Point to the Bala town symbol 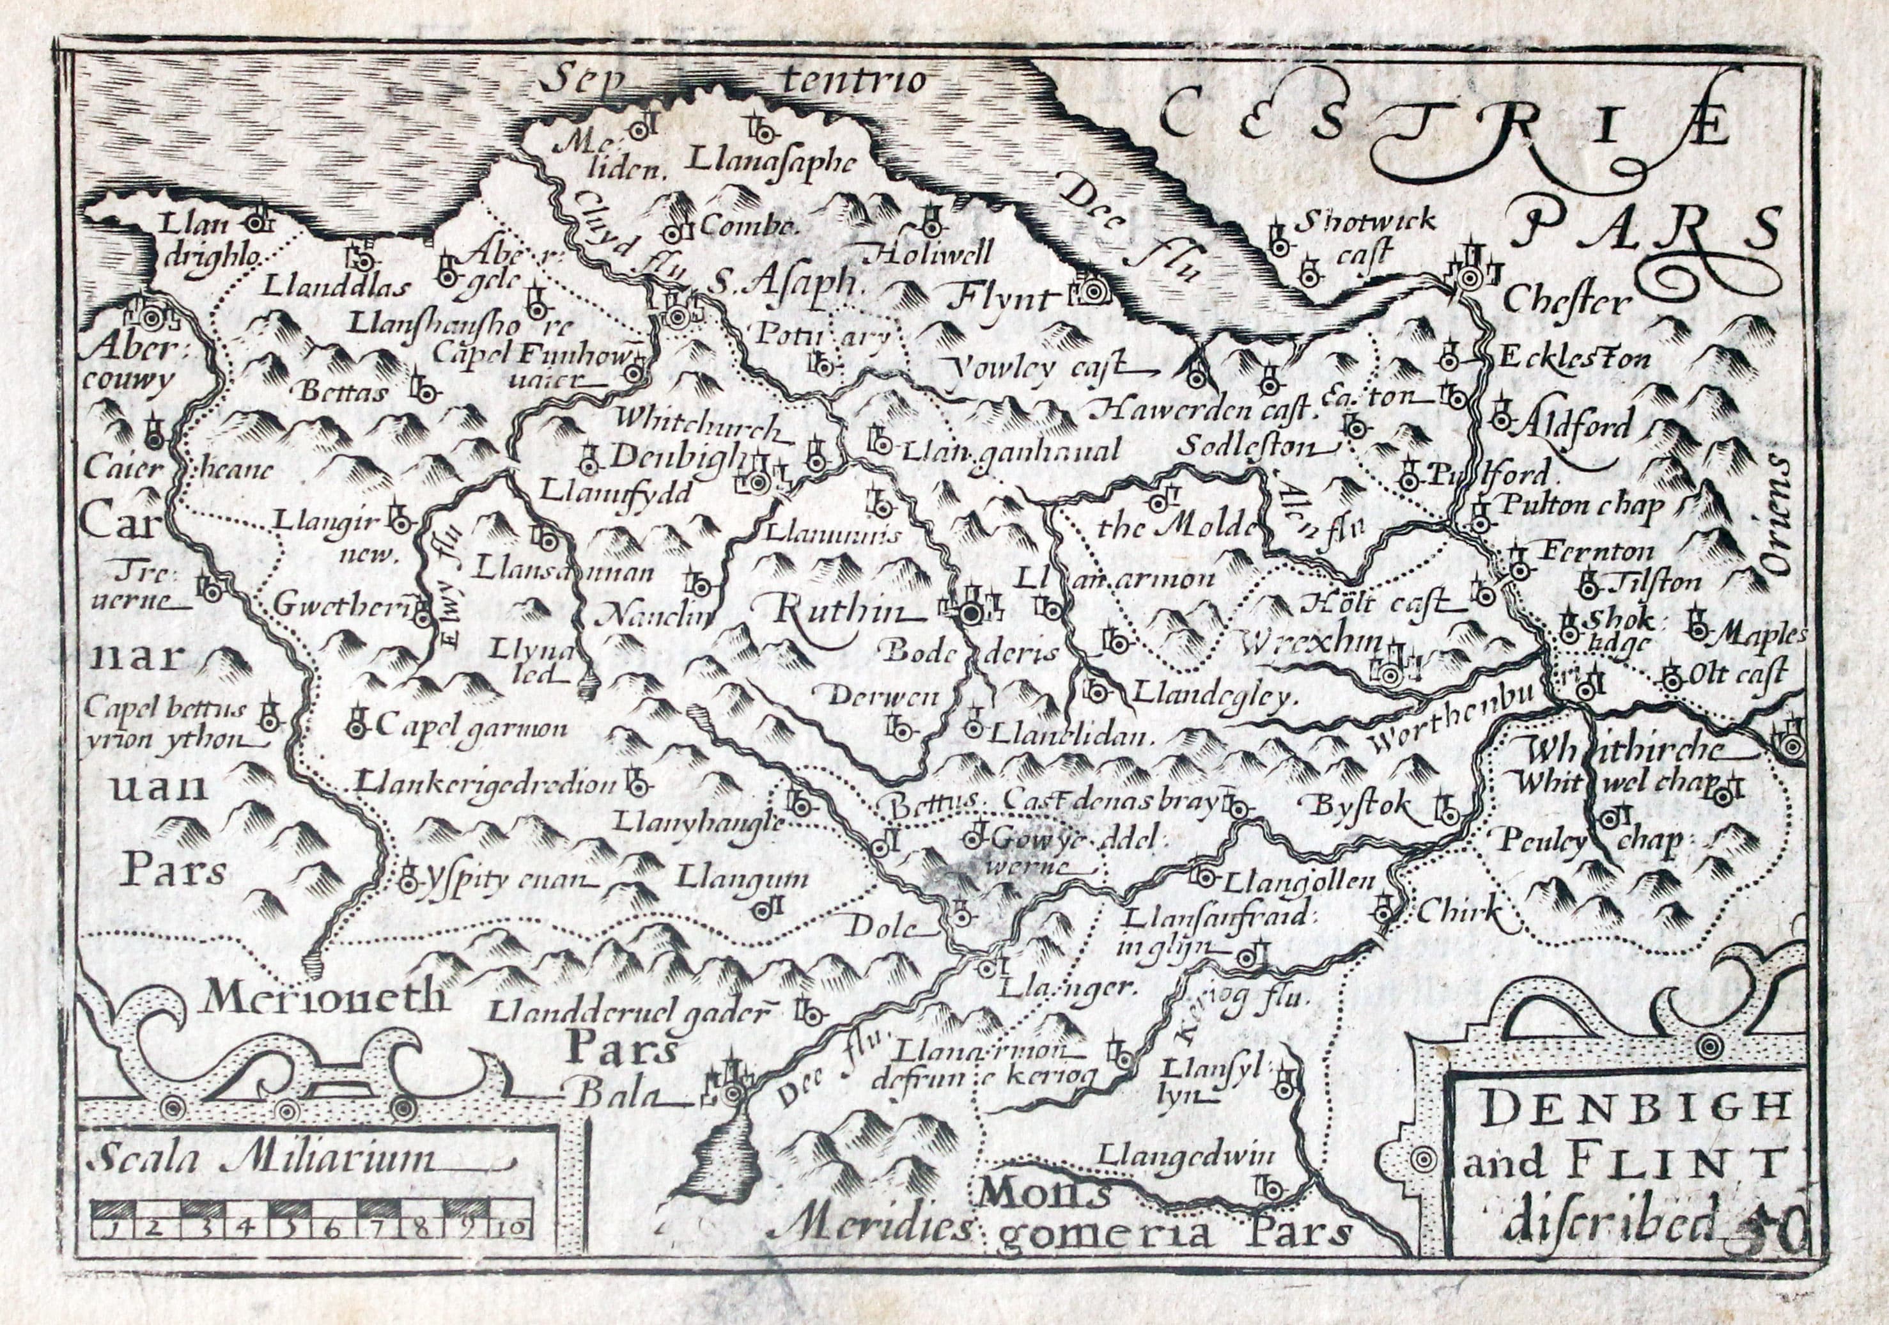coord(731,1094)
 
